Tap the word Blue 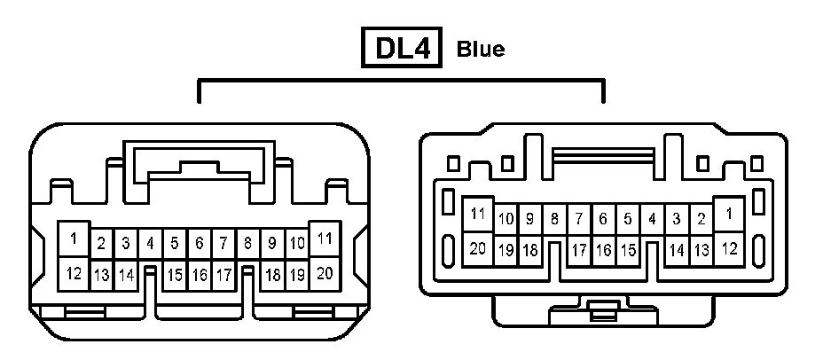click(480, 49)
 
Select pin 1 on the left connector click(74, 239)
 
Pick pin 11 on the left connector click(325, 239)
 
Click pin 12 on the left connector click(74, 273)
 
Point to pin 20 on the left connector click(325, 273)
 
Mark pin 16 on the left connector click(200, 276)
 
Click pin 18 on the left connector click(273, 276)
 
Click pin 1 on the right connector click(728, 214)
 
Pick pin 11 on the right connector click(479, 214)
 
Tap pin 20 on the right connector click(479, 248)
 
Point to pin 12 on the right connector click(728, 248)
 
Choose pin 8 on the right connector click(554, 218)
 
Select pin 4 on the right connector click(652, 218)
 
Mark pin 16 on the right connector click(603, 251)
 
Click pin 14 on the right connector click(677, 251)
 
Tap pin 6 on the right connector click(603, 218)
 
